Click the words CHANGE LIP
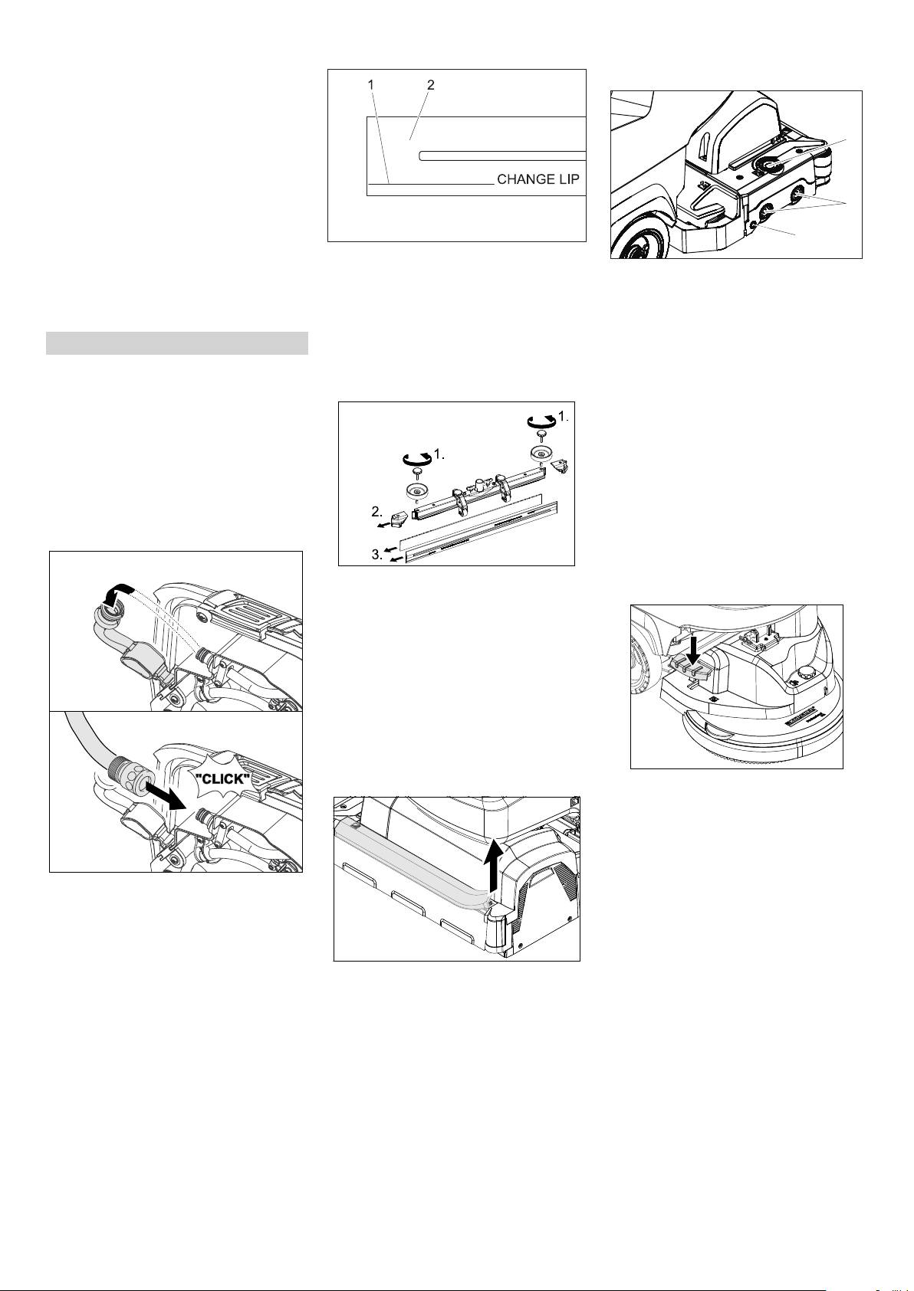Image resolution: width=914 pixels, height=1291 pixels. pos(538,179)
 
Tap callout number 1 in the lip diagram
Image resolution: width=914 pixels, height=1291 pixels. pos(371,84)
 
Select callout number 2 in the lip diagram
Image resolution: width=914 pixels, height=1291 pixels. pos(430,84)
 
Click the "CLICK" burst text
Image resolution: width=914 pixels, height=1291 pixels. pos(222,780)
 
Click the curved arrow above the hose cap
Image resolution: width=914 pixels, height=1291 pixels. pos(117,594)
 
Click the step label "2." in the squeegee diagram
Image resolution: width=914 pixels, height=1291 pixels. pos(376,511)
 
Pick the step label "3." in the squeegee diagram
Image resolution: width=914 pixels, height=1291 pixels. pos(376,555)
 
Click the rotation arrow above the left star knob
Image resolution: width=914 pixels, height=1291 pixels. pos(417,458)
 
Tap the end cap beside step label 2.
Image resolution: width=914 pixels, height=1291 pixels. pos(402,520)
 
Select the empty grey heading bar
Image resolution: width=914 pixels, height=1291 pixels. pos(177,343)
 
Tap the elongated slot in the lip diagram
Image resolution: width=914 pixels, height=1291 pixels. pos(501,156)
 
